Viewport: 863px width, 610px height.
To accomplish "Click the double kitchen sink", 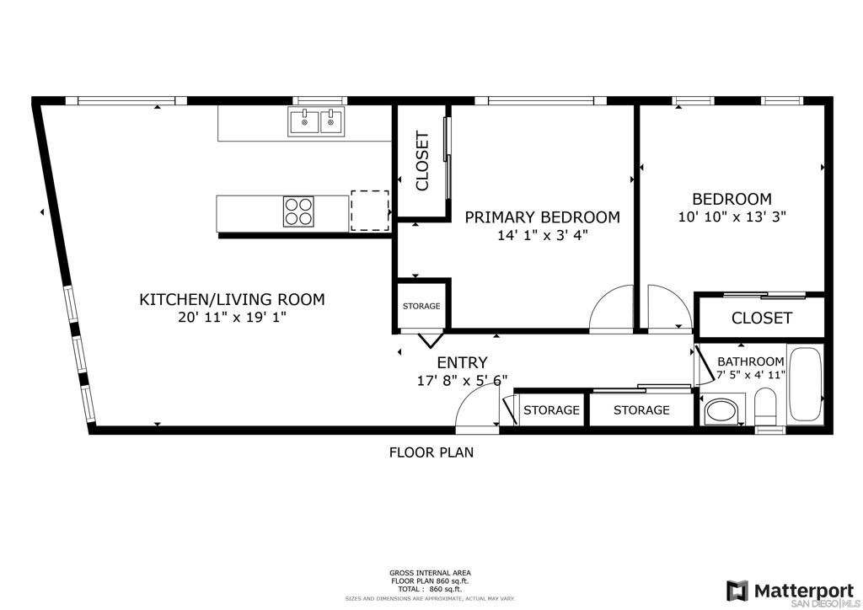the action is click(317, 121).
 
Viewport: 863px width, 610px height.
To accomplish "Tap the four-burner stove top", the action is click(298, 211).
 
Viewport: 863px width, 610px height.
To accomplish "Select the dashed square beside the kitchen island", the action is click(370, 211).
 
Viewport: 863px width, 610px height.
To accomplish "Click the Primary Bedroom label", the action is click(542, 217).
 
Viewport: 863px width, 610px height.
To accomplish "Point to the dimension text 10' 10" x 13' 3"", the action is click(732, 217).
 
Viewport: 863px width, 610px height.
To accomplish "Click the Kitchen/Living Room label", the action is click(232, 300).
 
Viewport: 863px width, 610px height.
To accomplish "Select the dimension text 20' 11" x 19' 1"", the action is click(233, 318).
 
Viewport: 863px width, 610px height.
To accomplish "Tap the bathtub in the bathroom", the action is click(806, 385).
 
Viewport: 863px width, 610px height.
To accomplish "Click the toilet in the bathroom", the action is click(765, 408).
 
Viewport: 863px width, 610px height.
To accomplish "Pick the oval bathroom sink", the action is click(721, 410).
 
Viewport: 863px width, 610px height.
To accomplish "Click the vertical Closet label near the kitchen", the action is click(422, 161).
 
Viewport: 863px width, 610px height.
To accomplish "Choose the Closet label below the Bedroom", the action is click(762, 318).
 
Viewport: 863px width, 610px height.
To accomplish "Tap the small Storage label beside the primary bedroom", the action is click(421, 306).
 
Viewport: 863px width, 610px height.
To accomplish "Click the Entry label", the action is click(463, 362).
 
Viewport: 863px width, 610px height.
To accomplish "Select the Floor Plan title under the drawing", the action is click(431, 452).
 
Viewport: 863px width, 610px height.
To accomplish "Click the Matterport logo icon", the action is click(737, 591).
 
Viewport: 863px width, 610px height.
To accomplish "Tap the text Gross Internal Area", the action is click(430, 573).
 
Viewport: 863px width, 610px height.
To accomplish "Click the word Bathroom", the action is click(751, 362).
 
